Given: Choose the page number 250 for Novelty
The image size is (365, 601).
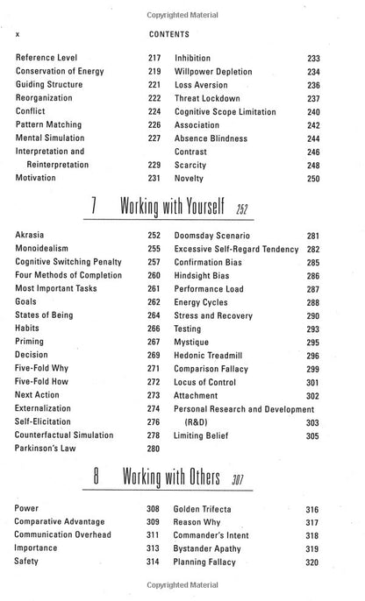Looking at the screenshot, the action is pyautogui.click(x=338, y=178).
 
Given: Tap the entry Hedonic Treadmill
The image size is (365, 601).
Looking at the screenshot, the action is pyautogui.click(x=213, y=368).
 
